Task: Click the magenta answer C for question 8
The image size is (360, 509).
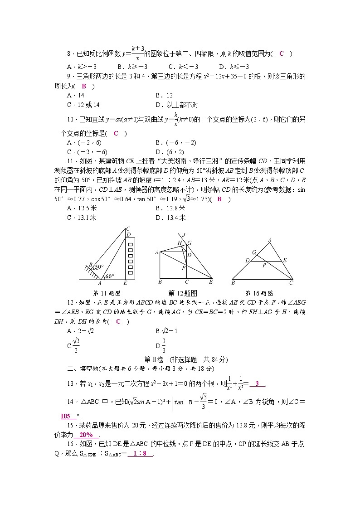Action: tap(281, 54)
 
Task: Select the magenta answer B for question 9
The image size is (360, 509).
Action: tap(84, 86)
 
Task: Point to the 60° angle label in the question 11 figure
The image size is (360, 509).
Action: tap(110, 276)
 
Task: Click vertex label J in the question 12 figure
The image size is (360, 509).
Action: tap(184, 235)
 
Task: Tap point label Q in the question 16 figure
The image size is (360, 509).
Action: tap(254, 253)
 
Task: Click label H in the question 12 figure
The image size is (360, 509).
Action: tap(180, 243)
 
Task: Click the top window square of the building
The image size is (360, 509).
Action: tap(131, 245)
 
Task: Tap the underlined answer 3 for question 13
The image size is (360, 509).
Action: tap(257, 384)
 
